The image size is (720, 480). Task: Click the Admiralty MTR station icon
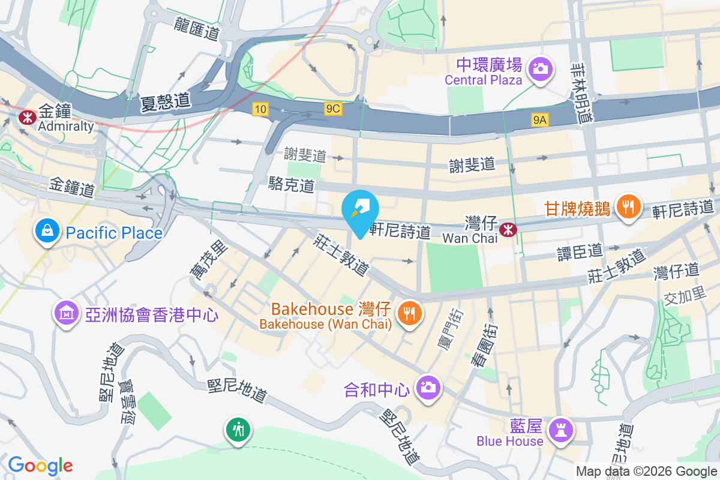[x=26, y=116]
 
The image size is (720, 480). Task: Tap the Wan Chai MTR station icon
[x=508, y=229]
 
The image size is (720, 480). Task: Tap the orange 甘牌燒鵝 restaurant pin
[x=628, y=208]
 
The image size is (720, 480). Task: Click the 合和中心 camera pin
[x=427, y=387]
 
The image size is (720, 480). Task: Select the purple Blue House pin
[x=561, y=431]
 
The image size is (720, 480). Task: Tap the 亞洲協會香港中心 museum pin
[x=67, y=313]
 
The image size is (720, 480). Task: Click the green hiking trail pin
[x=239, y=430]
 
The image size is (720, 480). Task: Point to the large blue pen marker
[x=360, y=212]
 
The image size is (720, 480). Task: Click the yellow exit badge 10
[x=260, y=109]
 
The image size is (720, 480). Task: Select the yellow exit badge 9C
[x=333, y=109]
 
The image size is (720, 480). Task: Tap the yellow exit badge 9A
[x=540, y=121]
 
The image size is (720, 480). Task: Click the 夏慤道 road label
[x=165, y=103]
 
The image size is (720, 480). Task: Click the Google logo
[x=40, y=465]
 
